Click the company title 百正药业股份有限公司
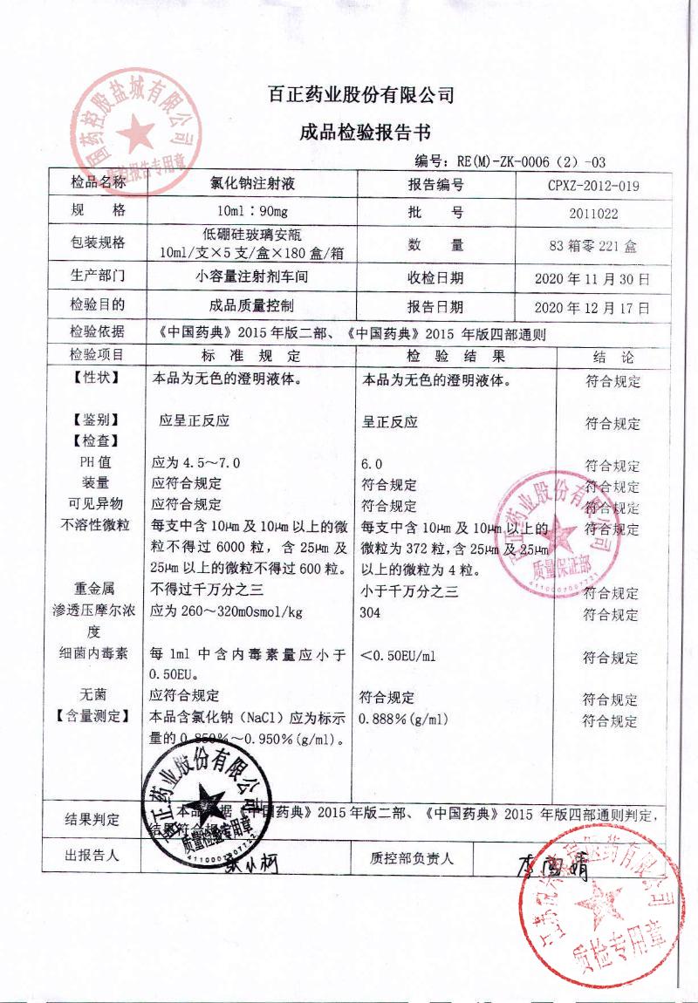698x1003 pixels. (x=360, y=95)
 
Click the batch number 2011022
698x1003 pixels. (x=593, y=213)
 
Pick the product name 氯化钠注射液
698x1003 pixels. (x=253, y=185)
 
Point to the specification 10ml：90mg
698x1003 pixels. (x=252, y=212)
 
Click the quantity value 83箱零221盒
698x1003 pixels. (x=593, y=246)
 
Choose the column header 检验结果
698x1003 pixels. (x=456, y=357)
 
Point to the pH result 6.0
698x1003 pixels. (x=372, y=464)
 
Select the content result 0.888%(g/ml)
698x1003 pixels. (x=404, y=720)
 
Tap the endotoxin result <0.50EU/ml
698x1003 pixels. (x=397, y=656)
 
